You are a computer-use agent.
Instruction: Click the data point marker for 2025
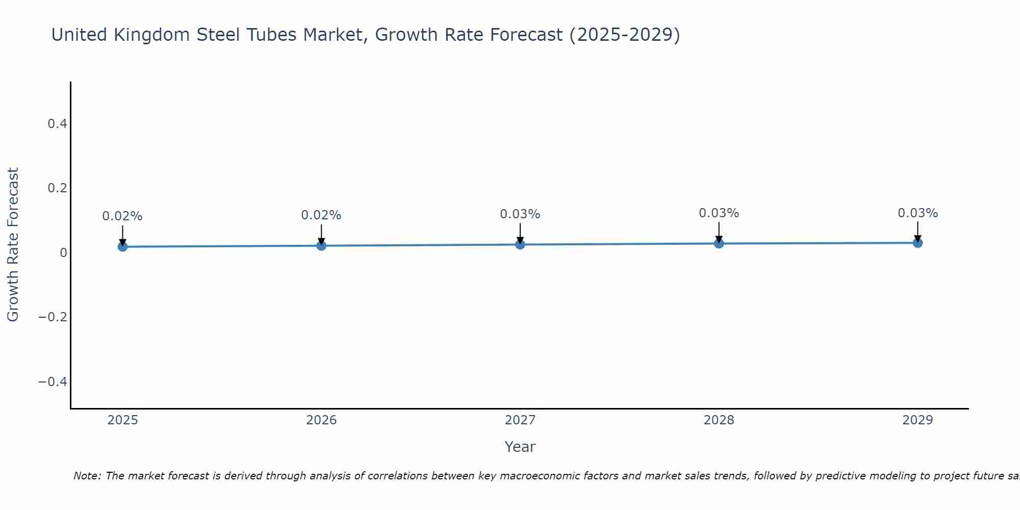coord(122,247)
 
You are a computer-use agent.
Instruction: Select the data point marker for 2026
coord(321,246)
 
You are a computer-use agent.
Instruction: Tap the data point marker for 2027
coord(520,245)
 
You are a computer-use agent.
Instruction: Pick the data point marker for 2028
coord(719,244)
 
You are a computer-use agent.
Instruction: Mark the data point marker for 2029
coord(917,243)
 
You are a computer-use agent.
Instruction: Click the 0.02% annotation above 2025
coord(122,216)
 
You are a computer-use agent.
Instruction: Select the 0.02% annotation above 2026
coord(321,215)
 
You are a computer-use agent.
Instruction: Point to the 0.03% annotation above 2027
coord(520,214)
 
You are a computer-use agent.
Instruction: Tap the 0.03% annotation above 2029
coord(917,213)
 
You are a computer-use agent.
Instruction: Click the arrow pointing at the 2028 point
coord(719,233)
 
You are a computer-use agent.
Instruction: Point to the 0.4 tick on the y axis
coord(57,124)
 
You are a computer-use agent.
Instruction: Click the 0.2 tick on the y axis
coord(57,188)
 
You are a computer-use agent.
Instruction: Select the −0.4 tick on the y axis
coord(53,382)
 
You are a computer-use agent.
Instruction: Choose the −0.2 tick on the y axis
coord(53,317)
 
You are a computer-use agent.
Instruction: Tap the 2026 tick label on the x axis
coord(321,420)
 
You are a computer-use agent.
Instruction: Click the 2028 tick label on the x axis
coord(719,420)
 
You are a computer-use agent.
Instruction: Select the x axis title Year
coord(520,447)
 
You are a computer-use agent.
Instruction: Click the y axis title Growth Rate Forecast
coord(13,245)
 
